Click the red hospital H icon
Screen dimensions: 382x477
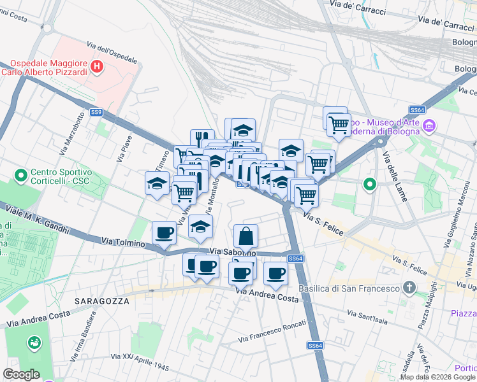[96, 66]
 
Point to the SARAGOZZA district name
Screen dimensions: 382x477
[98, 300]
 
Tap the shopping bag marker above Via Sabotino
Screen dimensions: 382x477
[246, 236]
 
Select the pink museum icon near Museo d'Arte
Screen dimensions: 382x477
[429, 126]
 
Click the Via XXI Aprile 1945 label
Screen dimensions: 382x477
[139, 361]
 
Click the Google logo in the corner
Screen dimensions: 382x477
[21, 374]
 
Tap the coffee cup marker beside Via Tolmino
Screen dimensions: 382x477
[164, 233]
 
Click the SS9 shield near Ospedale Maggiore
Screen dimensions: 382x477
[96, 112]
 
